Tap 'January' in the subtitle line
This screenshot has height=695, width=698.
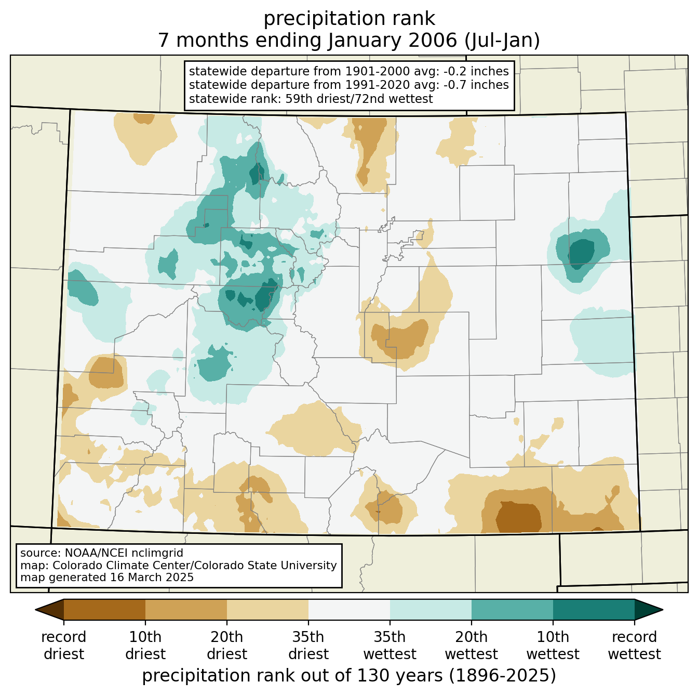point(365,40)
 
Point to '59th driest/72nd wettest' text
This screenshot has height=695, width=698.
point(359,98)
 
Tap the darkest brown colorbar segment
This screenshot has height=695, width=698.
point(104,609)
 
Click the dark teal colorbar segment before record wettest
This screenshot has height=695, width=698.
point(593,609)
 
